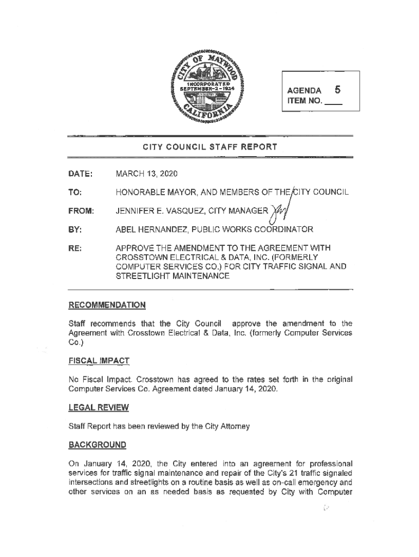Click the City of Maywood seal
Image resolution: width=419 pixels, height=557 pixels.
coord(209,85)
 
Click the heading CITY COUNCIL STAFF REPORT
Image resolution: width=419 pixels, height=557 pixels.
coord(210,147)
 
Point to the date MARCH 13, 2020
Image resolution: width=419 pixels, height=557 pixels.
coord(147,174)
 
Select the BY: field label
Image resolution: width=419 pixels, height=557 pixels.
coord(75,228)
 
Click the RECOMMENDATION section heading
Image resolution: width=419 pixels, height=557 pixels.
coord(106,304)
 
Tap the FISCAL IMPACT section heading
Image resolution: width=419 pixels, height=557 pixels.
coord(98,361)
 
